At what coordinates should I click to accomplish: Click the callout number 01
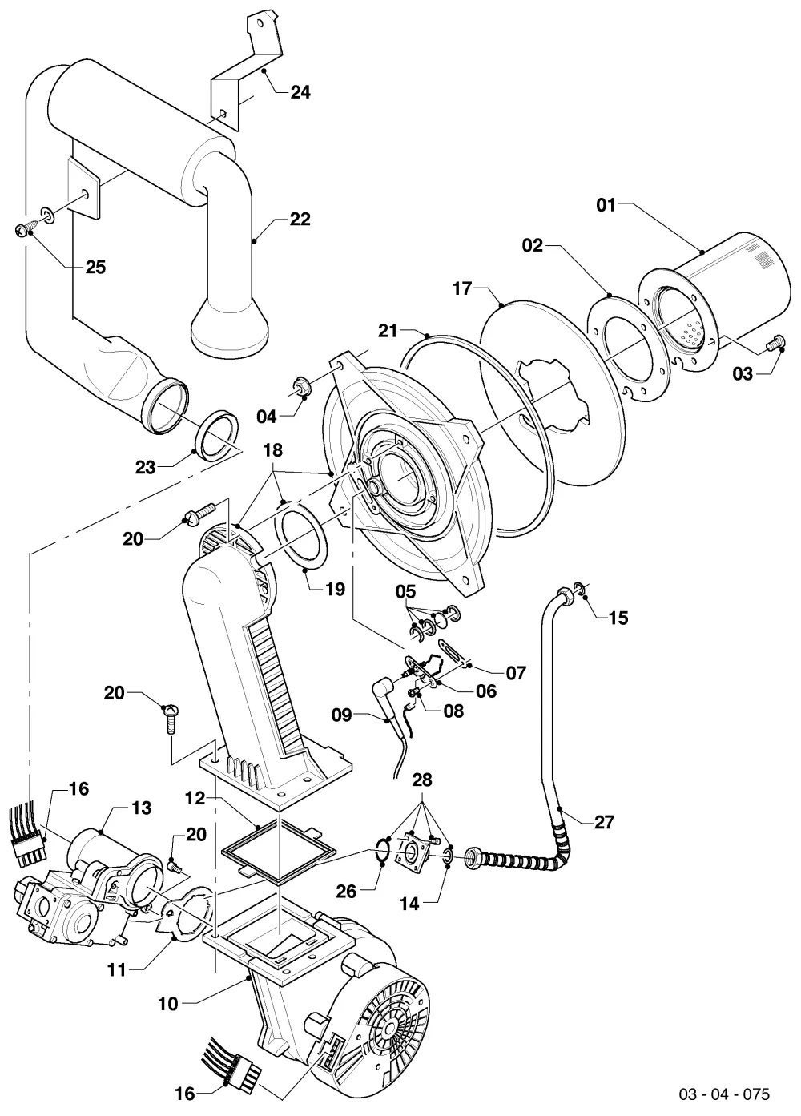(606, 205)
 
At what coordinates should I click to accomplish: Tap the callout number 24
(300, 92)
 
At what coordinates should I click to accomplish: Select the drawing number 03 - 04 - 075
(724, 1094)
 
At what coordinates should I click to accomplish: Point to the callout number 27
(604, 821)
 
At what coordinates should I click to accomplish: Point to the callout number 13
(142, 808)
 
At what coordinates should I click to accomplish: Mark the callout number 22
(300, 220)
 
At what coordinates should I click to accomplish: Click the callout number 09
(342, 715)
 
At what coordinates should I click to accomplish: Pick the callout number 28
(422, 780)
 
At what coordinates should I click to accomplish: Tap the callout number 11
(117, 970)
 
